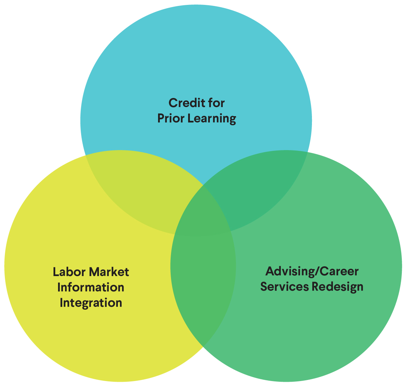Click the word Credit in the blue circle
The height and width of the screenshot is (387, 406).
[x=184, y=103]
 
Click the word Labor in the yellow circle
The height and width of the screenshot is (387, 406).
[x=69, y=272]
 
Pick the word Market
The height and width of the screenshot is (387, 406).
[x=109, y=272]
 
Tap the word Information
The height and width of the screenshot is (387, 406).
[x=91, y=287]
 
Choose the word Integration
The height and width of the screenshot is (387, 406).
[x=91, y=303]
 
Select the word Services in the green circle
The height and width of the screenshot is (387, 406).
[x=284, y=287]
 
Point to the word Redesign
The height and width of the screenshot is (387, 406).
[x=337, y=287]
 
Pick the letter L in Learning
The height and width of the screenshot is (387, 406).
[x=191, y=118]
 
